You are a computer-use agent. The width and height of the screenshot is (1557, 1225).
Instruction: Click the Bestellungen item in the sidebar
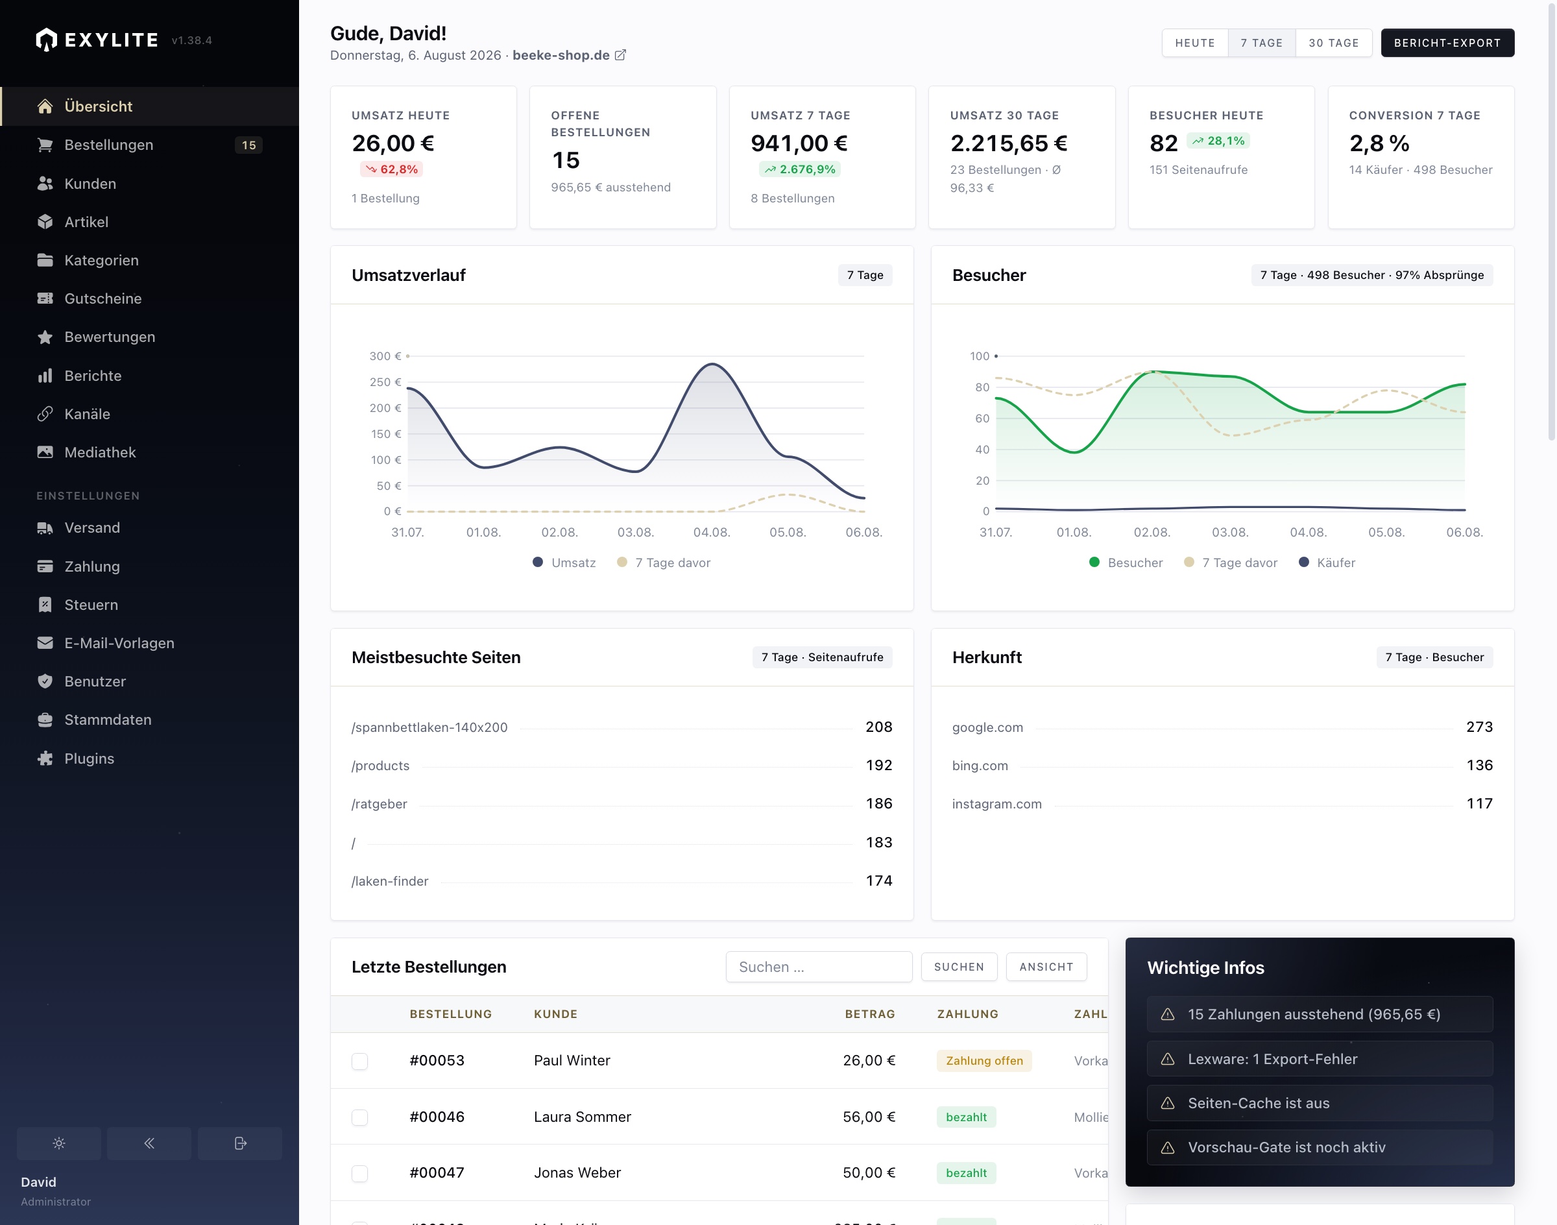(x=109, y=145)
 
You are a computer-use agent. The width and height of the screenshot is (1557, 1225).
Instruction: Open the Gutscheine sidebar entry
(x=103, y=298)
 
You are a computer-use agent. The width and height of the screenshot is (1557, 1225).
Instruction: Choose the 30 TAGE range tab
(x=1333, y=43)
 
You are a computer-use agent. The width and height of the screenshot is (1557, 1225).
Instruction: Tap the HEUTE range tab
(x=1195, y=43)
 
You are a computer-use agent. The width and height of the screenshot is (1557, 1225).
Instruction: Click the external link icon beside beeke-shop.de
(x=620, y=55)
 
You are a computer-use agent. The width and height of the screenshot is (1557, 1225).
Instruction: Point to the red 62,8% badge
(x=392, y=169)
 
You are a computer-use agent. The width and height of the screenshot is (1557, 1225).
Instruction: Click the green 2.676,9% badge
(x=800, y=169)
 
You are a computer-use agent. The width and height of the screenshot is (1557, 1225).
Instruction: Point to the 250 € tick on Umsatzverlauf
(x=385, y=382)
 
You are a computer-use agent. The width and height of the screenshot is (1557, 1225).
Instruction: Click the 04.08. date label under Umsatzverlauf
(x=712, y=532)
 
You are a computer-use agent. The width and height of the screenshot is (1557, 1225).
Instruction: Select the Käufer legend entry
(x=1327, y=563)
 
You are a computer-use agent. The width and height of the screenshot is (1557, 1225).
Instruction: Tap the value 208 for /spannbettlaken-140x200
(x=878, y=727)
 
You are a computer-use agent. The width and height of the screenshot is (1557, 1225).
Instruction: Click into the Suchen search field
(x=818, y=967)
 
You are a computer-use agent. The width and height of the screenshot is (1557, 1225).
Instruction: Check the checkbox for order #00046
(x=359, y=1117)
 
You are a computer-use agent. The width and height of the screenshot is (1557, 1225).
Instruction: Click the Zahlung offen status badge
(x=984, y=1061)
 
